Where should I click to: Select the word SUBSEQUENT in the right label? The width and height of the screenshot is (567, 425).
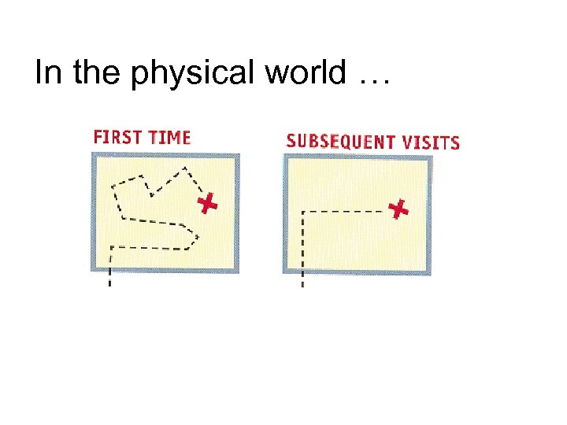[339, 142]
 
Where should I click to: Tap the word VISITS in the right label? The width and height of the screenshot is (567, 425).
[430, 142]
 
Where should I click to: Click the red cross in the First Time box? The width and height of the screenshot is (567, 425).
[206, 204]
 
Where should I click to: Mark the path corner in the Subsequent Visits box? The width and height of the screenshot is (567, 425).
[303, 212]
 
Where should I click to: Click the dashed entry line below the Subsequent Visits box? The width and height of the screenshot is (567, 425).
[302, 279]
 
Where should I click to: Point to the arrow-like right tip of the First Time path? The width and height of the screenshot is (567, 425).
[197, 235]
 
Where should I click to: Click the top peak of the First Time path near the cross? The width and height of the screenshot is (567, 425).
[184, 168]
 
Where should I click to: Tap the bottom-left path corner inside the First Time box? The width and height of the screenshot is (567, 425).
[111, 248]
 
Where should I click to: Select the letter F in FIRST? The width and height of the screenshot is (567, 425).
[98, 136]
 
